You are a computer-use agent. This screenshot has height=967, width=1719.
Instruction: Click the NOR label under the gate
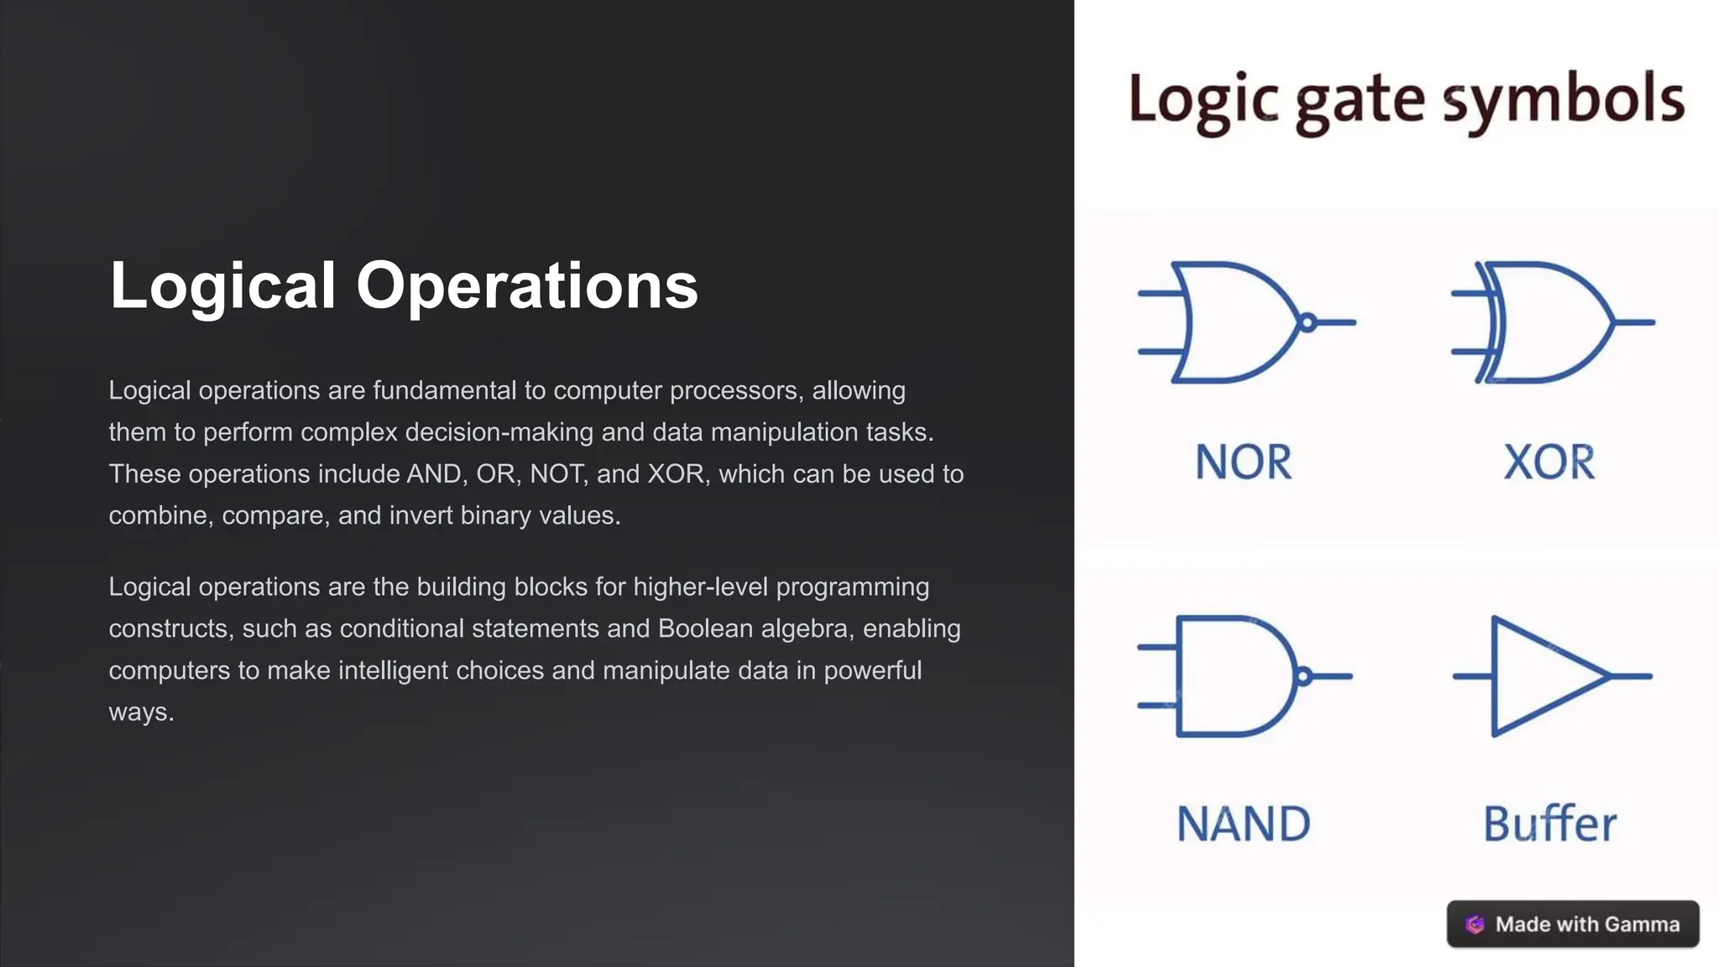click(1243, 462)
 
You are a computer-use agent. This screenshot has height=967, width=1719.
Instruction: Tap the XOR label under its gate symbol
click(1549, 462)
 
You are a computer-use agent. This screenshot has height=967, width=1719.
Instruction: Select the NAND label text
click(1243, 823)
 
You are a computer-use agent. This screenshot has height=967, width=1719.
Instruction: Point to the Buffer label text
click(1549, 823)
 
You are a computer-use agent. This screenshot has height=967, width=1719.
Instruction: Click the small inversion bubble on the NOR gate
click(1307, 322)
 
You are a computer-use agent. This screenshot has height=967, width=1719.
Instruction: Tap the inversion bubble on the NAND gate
click(1303, 676)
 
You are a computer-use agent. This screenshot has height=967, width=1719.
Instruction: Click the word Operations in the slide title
click(526, 285)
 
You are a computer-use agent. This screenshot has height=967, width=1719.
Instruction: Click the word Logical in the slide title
click(222, 285)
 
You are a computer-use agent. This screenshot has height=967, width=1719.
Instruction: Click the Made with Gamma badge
click(1573, 924)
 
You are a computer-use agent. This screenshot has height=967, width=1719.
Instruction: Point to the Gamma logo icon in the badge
click(1475, 924)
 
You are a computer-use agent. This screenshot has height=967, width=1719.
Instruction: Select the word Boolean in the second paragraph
click(705, 629)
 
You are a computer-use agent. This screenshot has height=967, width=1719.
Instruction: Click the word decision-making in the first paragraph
click(499, 432)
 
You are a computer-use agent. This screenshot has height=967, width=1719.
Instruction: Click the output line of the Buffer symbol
click(1632, 676)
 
